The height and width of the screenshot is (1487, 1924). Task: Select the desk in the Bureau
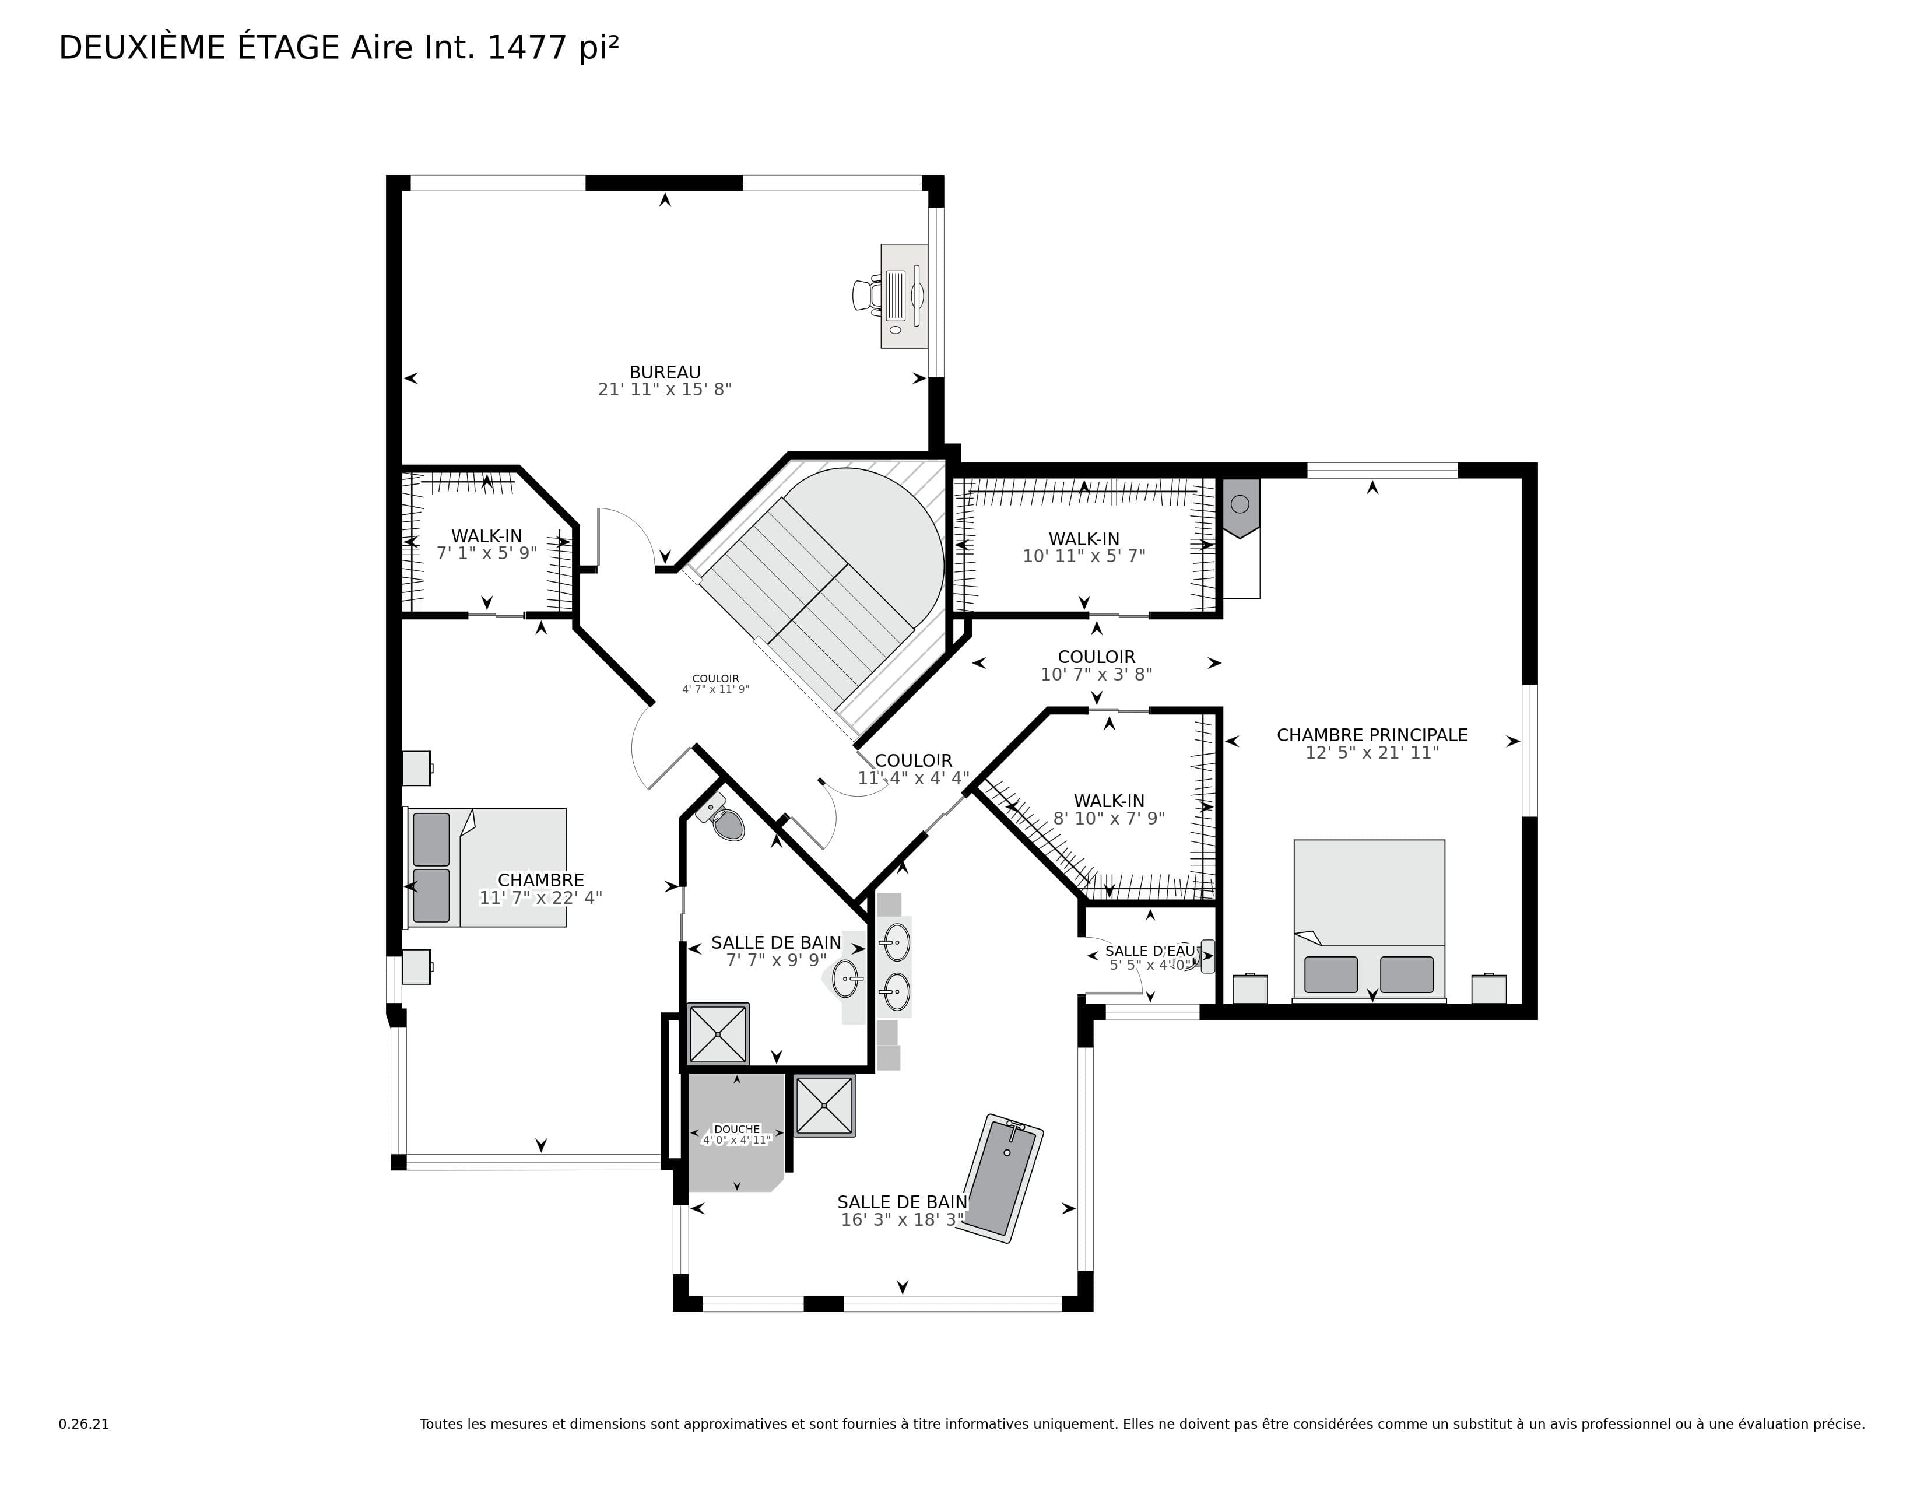(904, 296)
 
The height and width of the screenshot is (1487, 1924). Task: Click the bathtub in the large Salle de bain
(1003, 1178)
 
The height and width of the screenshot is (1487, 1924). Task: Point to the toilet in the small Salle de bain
(722, 816)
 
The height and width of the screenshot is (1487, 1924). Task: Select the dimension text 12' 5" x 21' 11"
(1372, 752)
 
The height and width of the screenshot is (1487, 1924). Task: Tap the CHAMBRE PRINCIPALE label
(1372, 735)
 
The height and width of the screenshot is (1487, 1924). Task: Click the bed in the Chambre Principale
(1369, 921)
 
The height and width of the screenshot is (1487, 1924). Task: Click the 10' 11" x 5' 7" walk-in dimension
(1084, 556)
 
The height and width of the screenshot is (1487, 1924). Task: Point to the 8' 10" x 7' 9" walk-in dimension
(1109, 818)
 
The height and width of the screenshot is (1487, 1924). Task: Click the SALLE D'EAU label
(1150, 951)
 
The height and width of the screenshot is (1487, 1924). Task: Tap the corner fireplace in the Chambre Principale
(1240, 508)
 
